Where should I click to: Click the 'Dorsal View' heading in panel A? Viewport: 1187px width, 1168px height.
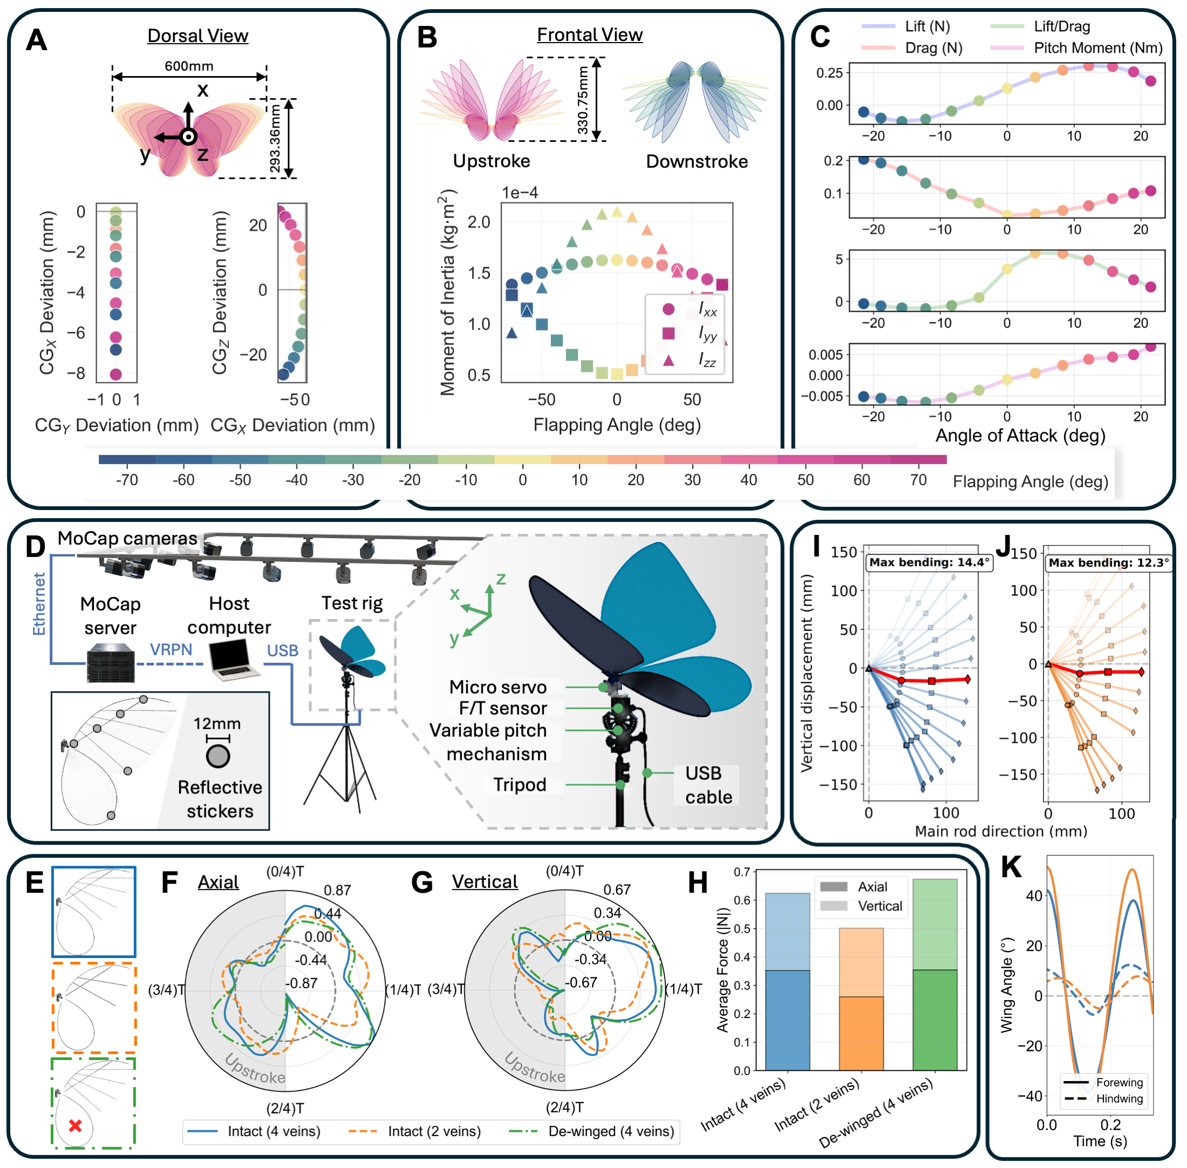tap(197, 36)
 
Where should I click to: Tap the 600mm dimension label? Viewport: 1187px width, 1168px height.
tap(189, 66)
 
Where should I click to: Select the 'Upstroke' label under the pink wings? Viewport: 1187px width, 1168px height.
tap(491, 161)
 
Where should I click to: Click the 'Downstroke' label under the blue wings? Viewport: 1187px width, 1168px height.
tap(697, 161)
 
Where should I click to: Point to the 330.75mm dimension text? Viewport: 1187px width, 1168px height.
tap(583, 100)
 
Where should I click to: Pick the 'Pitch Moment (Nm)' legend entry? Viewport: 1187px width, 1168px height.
tap(1097, 48)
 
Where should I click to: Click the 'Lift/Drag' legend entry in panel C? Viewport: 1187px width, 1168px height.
tap(1061, 26)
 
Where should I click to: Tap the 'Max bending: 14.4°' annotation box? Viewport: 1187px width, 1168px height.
tap(929, 562)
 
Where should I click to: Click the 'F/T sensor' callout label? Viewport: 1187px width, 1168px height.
tap(502, 708)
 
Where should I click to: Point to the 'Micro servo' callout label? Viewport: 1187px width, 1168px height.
tap(497, 687)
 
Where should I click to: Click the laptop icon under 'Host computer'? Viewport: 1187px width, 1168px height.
tap(234, 660)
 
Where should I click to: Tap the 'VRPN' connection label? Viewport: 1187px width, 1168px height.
tap(171, 649)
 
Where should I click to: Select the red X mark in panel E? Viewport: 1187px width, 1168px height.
tap(76, 1125)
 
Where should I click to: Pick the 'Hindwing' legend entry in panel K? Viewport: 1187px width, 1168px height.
tap(1119, 1098)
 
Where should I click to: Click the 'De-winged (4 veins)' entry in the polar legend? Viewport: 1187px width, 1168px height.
tap(611, 1131)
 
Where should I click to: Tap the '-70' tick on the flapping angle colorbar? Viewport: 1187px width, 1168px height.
tap(127, 480)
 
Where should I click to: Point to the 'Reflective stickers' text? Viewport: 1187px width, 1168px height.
tap(220, 799)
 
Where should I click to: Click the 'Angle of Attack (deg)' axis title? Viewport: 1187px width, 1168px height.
tap(1020, 436)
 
